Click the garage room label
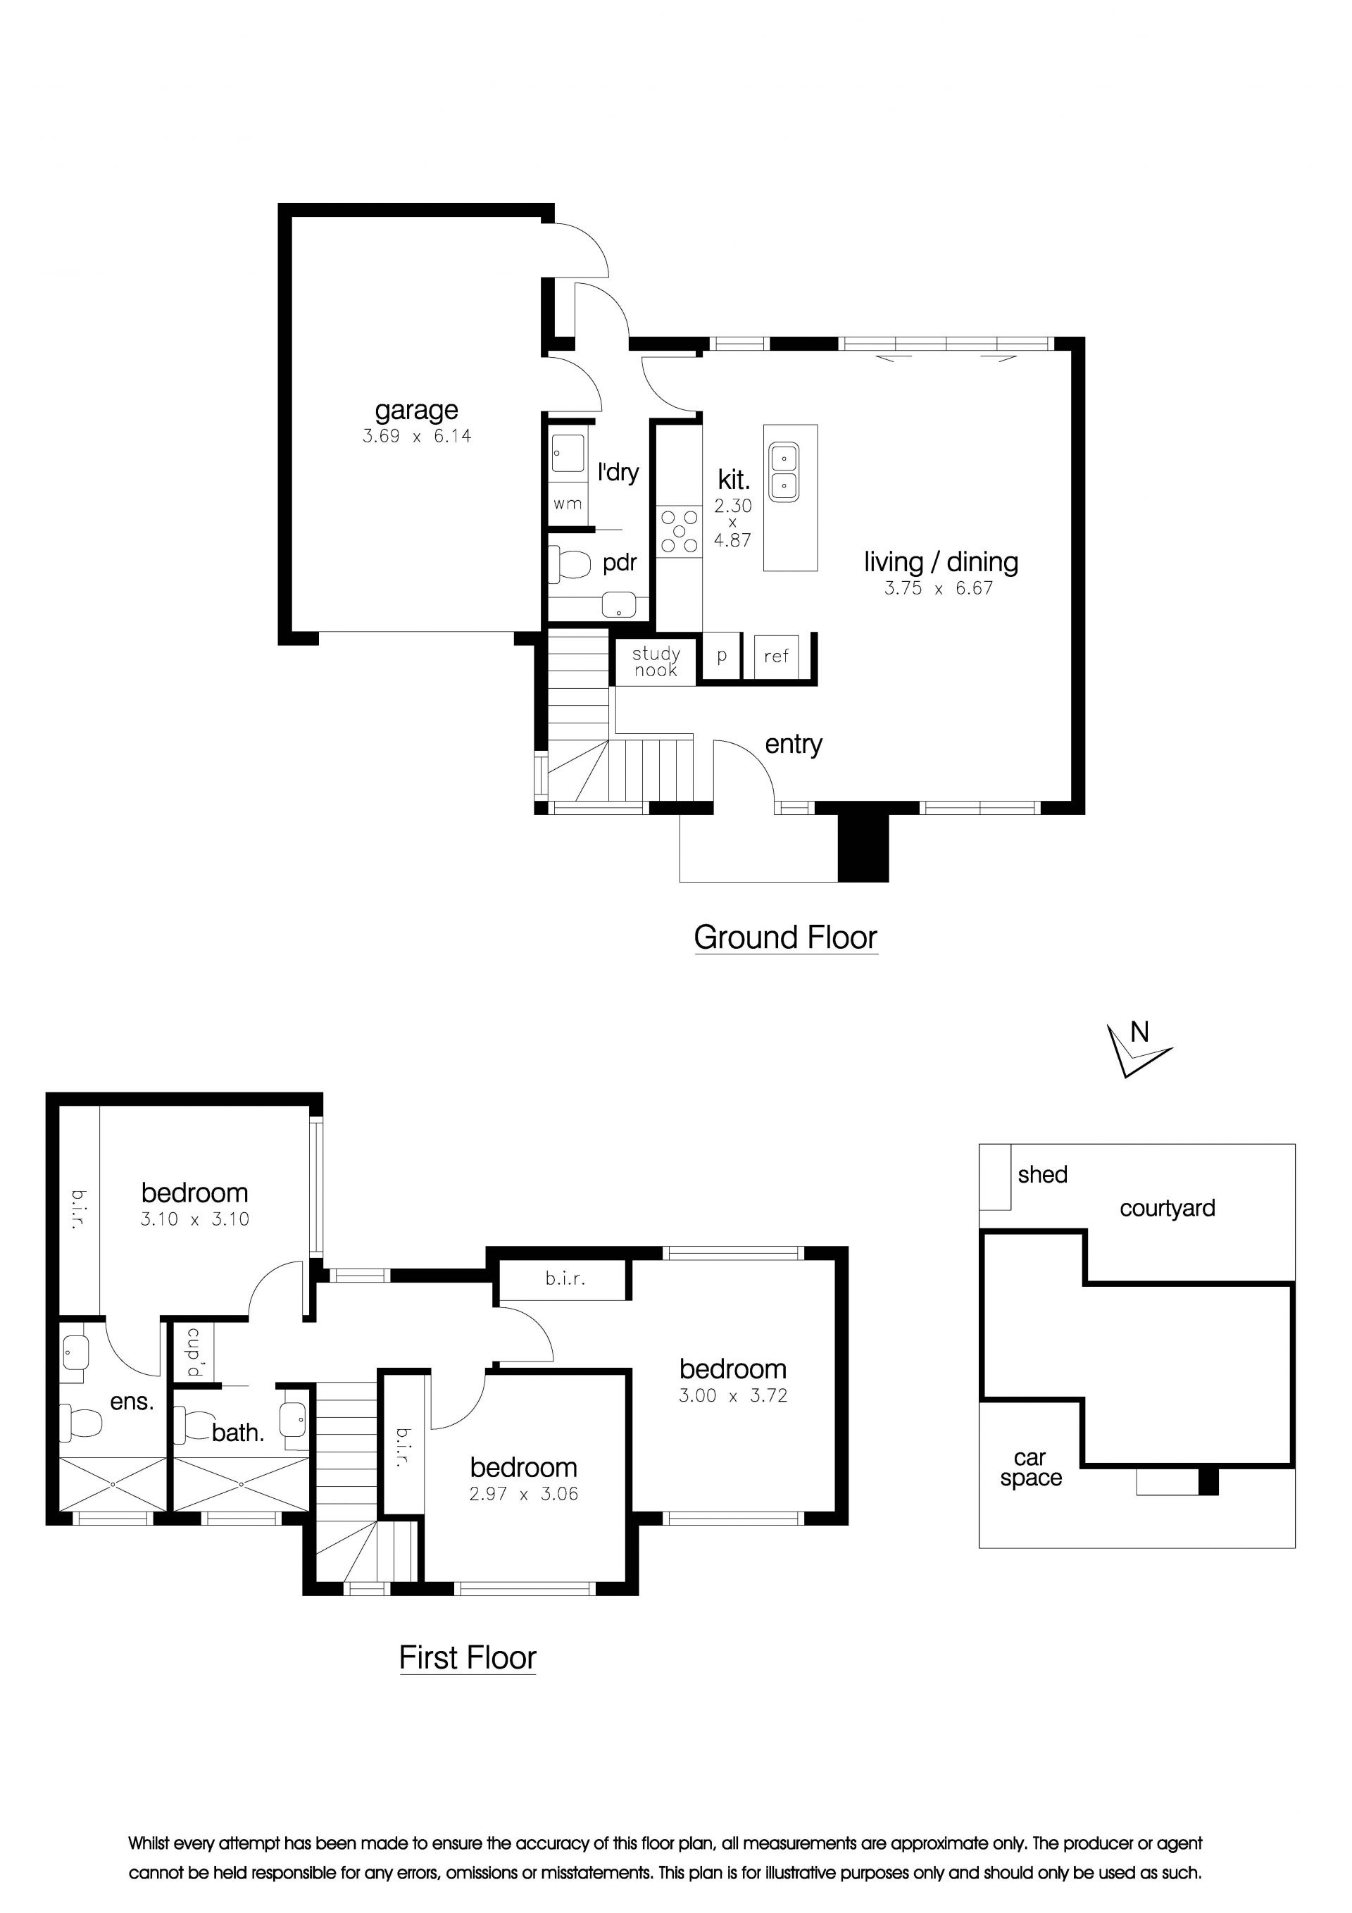[416, 411]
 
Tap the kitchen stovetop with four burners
[679, 532]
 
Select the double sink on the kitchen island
[784, 473]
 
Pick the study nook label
[656, 661]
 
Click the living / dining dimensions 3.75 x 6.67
[939, 588]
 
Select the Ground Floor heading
[786, 937]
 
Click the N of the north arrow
[1139, 1033]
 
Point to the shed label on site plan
[1042, 1175]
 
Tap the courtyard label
[1167, 1209]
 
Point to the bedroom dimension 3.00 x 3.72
[733, 1395]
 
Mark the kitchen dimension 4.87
[732, 540]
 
